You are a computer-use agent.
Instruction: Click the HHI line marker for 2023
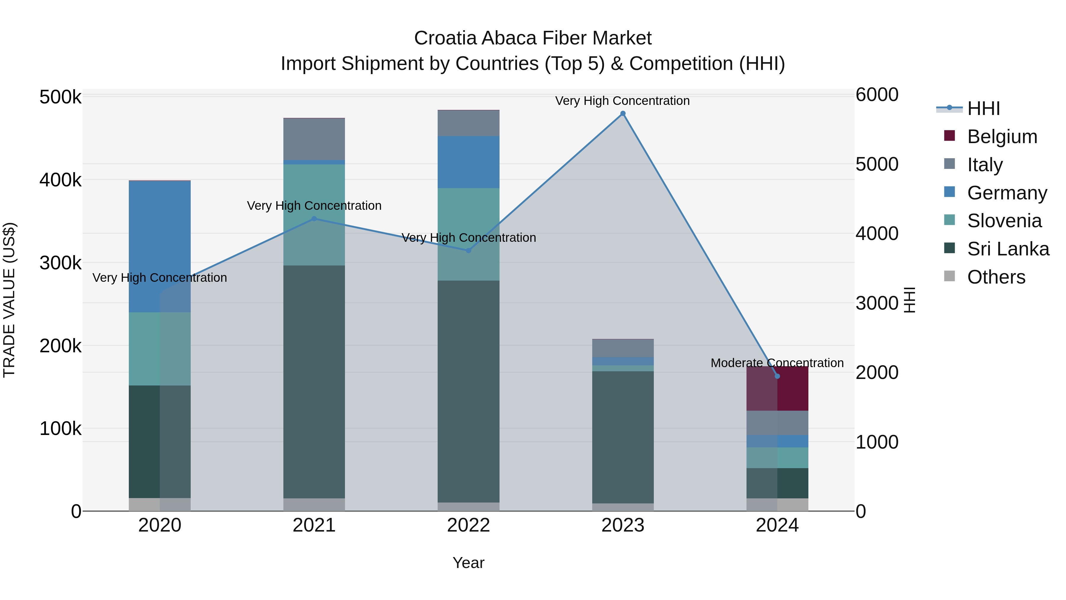point(623,113)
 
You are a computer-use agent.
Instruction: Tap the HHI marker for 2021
point(314,219)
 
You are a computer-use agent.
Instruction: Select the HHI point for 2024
point(777,376)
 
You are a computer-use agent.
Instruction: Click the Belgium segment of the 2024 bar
point(777,389)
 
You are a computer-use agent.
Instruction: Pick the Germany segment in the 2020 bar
point(160,247)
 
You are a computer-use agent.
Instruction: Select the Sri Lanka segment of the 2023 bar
point(623,437)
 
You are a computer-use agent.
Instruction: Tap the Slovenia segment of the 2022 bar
point(468,234)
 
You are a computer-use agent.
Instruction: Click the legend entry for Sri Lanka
point(1008,249)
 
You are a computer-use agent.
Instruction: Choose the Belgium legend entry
point(1002,137)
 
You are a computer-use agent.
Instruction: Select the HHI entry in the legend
point(983,108)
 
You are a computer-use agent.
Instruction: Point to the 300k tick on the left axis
point(60,263)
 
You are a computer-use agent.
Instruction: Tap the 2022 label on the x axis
point(468,525)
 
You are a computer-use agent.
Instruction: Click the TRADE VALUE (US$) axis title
point(9,300)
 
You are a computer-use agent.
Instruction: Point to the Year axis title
point(468,563)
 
